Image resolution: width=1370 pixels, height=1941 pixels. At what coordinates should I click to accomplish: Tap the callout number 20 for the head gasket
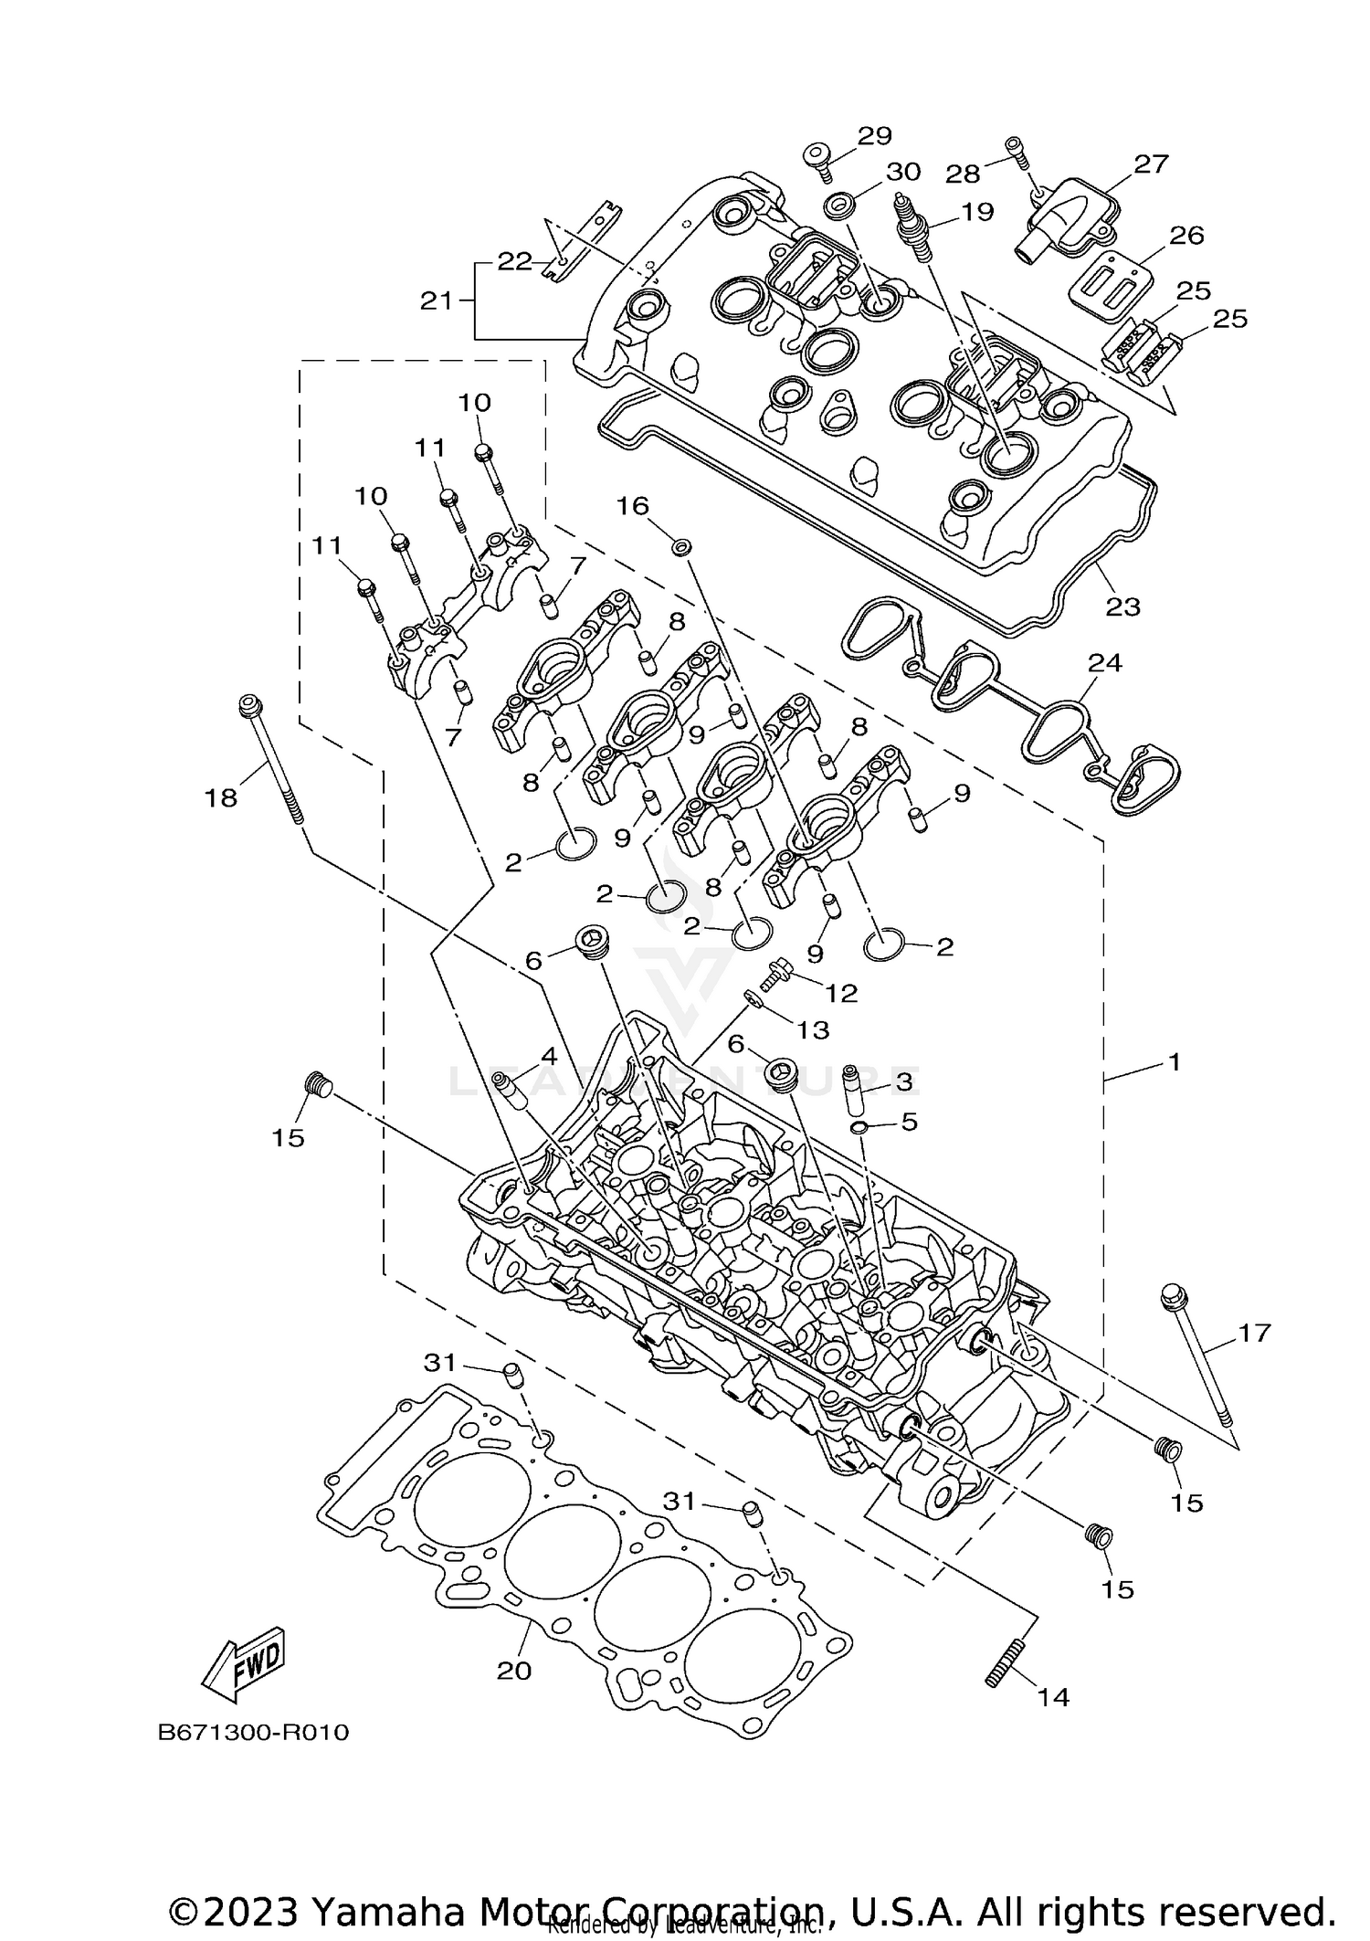[x=513, y=1671]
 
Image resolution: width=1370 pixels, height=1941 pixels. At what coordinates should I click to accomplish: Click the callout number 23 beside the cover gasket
[x=1122, y=607]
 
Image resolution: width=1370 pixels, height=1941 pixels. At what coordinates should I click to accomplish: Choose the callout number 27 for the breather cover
[x=1151, y=164]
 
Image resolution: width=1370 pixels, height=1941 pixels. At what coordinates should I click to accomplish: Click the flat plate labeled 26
[x=1107, y=284]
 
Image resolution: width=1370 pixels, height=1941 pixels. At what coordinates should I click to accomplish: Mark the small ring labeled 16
[x=680, y=546]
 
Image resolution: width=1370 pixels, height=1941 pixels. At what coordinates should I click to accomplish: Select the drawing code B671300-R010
[x=253, y=1733]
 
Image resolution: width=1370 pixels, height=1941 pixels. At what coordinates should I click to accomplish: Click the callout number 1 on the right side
[x=1175, y=1061]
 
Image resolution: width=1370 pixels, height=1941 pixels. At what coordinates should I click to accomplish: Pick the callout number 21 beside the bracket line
[x=436, y=300]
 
